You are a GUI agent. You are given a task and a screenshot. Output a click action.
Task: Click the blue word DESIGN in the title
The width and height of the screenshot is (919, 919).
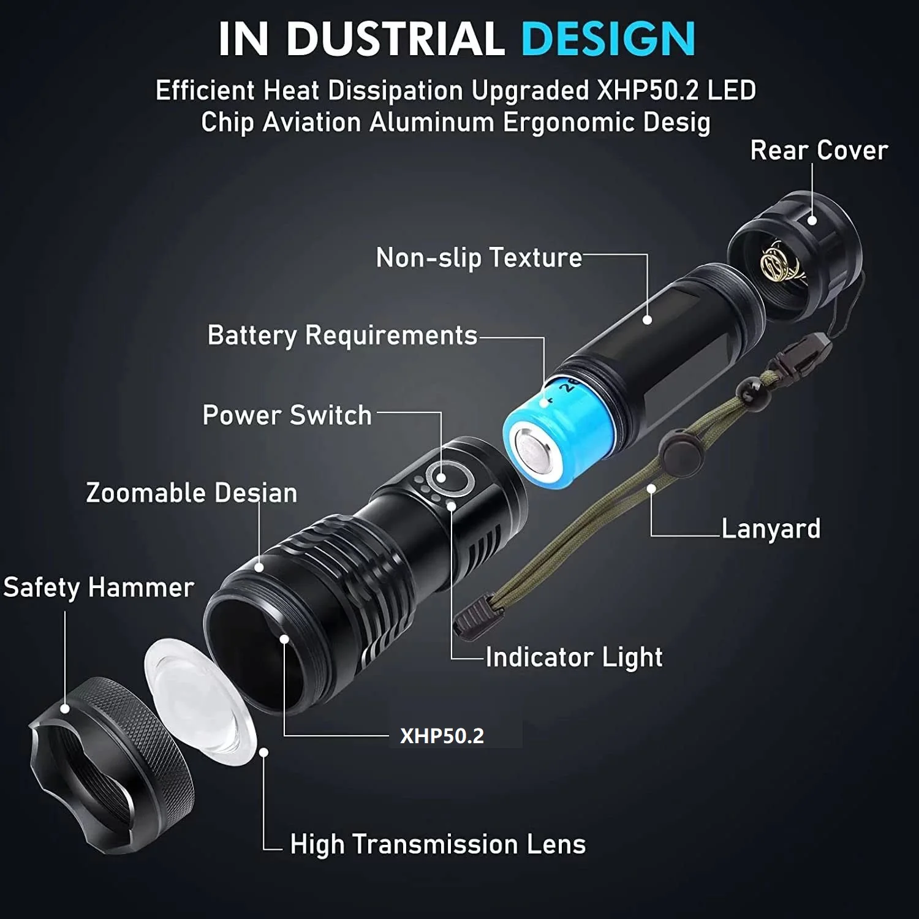click(608, 39)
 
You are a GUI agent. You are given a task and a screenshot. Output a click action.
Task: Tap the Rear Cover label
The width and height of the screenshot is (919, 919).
click(819, 151)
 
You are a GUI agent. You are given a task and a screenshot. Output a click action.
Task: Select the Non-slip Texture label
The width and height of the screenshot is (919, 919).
click(478, 258)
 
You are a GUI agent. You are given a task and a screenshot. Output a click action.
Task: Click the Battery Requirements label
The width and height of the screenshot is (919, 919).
click(342, 336)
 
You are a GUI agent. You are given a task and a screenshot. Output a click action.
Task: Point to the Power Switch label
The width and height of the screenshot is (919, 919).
click(287, 415)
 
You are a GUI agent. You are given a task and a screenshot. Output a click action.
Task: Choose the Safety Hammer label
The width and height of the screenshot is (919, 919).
click(99, 588)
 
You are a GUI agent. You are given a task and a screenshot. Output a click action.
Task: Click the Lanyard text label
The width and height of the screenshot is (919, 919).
click(770, 529)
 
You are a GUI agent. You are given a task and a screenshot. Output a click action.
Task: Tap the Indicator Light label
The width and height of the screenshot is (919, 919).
click(574, 657)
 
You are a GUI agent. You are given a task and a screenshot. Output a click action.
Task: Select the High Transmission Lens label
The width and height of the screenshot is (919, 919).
click(437, 844)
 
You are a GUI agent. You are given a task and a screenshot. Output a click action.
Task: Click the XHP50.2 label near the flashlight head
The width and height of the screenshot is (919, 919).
click(442, 736)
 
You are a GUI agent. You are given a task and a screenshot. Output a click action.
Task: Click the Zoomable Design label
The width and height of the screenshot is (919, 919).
click(191, 493)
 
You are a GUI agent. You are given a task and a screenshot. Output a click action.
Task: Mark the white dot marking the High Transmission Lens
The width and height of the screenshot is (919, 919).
click(264, 752)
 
